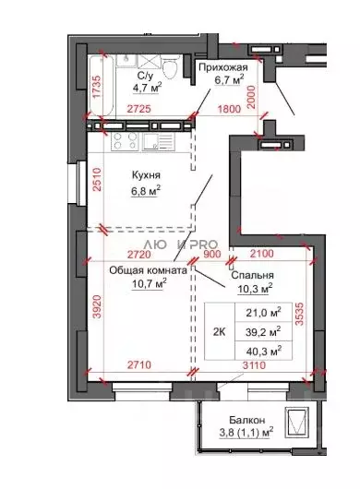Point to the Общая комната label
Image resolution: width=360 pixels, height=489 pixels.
tap(149, 270)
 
